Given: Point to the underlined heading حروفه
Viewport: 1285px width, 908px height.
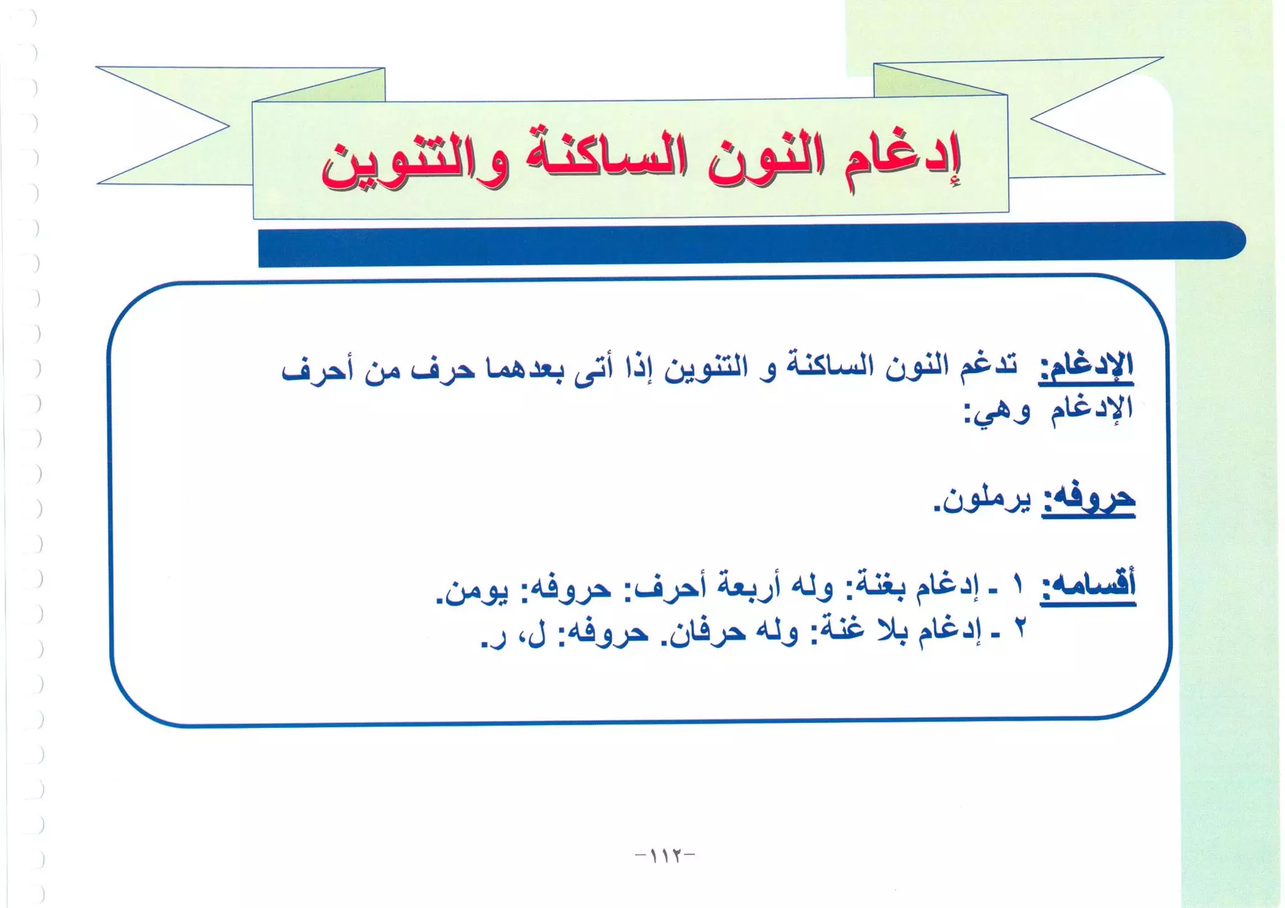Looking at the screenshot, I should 1088,500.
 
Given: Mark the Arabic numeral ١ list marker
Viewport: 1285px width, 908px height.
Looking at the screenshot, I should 1018,586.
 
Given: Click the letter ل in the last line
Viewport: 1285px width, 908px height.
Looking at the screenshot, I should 538,635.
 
